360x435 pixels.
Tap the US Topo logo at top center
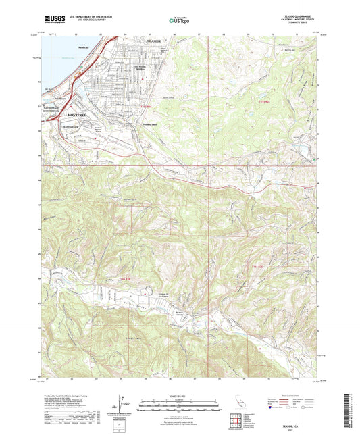pyautogui.click(x=178, y=21)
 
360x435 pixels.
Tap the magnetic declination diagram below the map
pyautogui.click(x=121, y=405)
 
